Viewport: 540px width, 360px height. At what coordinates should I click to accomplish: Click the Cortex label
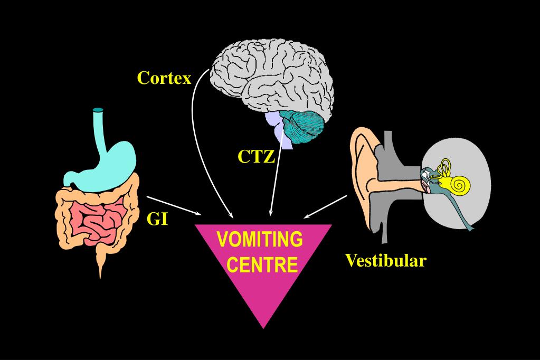point(164,78)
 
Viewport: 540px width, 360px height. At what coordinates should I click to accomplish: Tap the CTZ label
point(256,157)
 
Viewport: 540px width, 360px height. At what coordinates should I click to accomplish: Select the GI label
point(157,219)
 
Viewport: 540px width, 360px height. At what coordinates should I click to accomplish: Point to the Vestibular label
point(385,260)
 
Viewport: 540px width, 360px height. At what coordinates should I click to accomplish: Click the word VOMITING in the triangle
point(260,239)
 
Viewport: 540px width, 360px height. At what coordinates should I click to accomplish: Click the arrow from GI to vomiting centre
point(174,205)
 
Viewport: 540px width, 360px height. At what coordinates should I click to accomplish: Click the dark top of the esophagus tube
point(98,111)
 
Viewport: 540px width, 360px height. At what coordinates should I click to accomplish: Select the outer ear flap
point(362,174)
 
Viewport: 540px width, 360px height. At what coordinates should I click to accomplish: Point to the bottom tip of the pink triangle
point(262,327)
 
